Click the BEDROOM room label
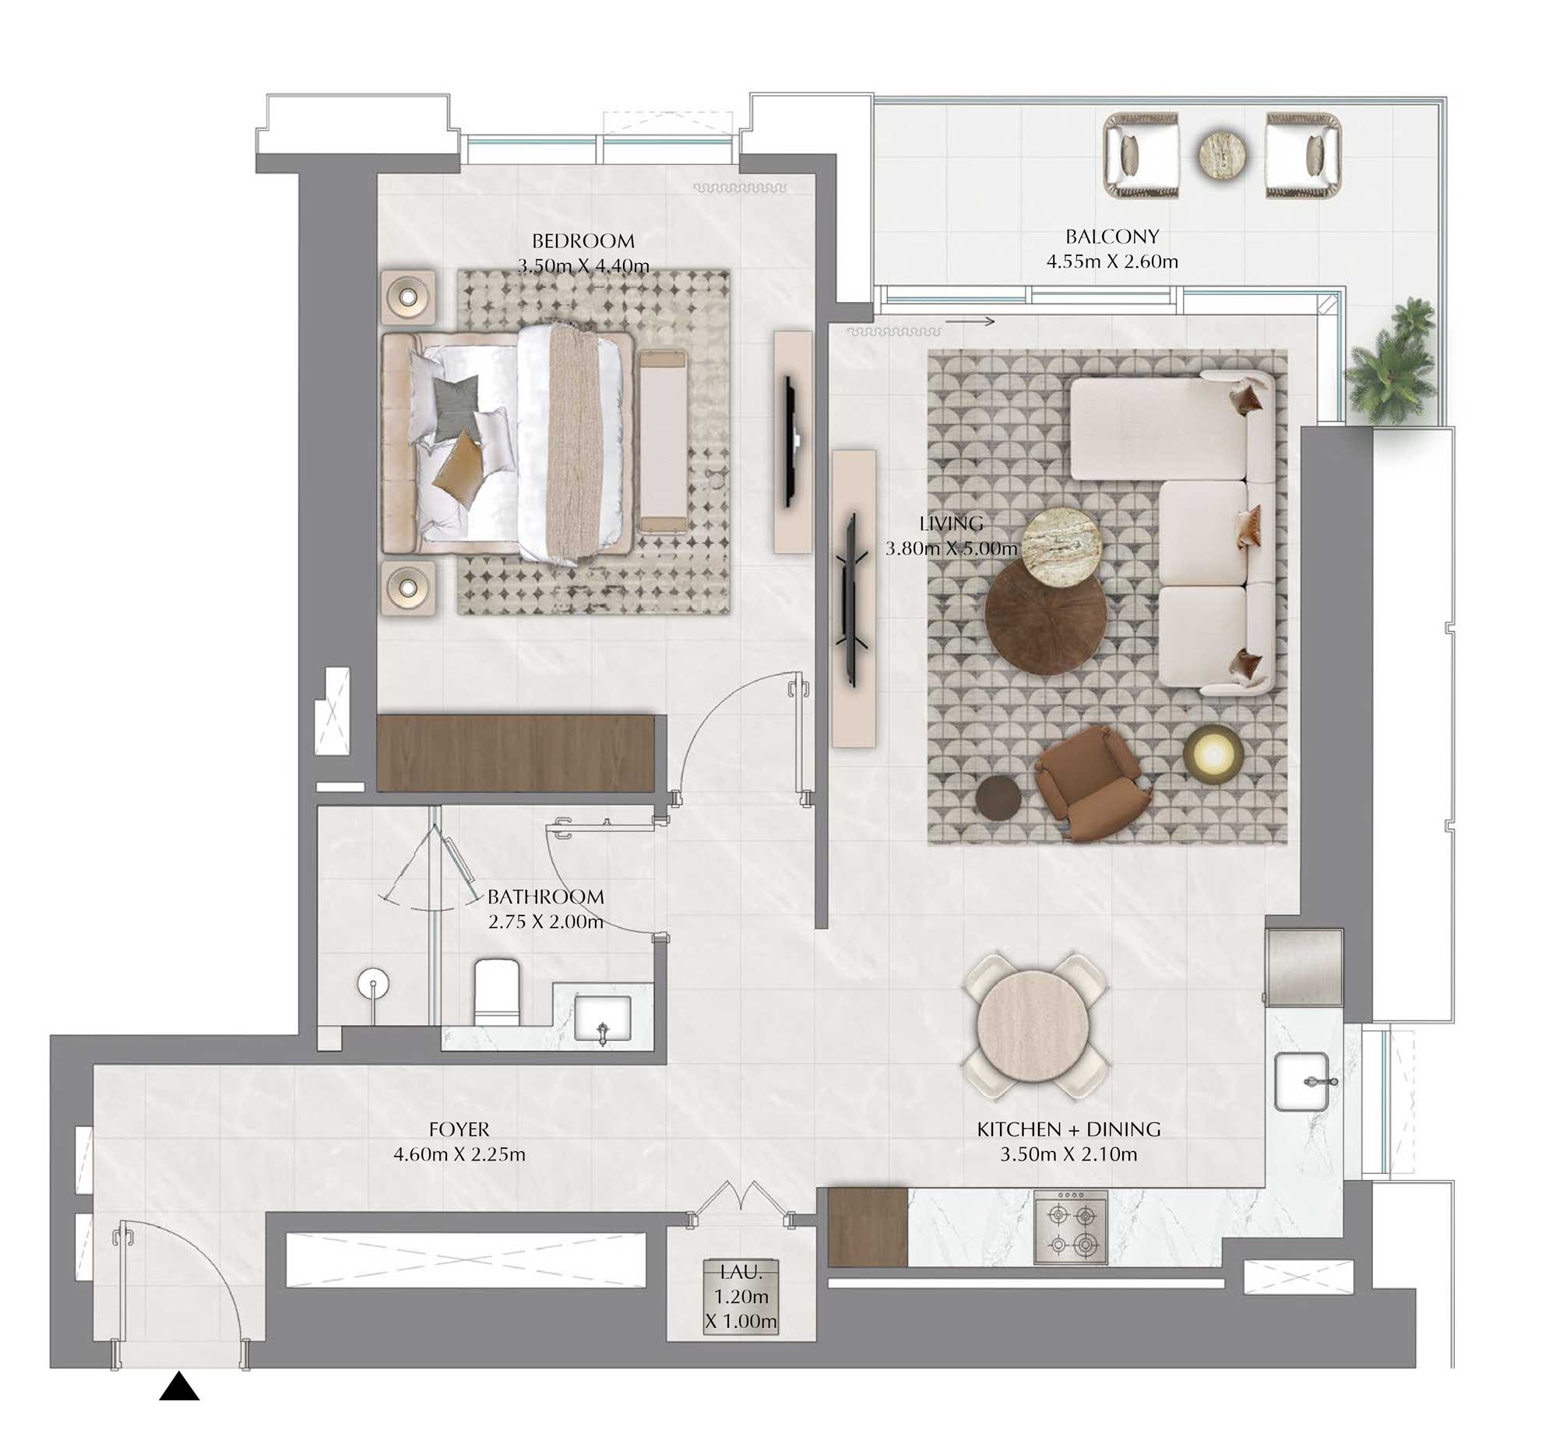[x=583, y=241]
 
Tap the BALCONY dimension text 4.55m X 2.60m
[x=1111, y=262]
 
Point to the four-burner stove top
[x=1071, y=1229]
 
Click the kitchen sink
[x=1302, y=1081]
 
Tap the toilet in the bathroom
[x=497, y=992]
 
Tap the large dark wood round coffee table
[x=1045, y=613]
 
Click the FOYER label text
[x=459, y=1129]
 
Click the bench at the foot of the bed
[x=662, y=441]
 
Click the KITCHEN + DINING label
[x=1068, y=1129]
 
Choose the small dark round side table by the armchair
[x=998, y=798]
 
